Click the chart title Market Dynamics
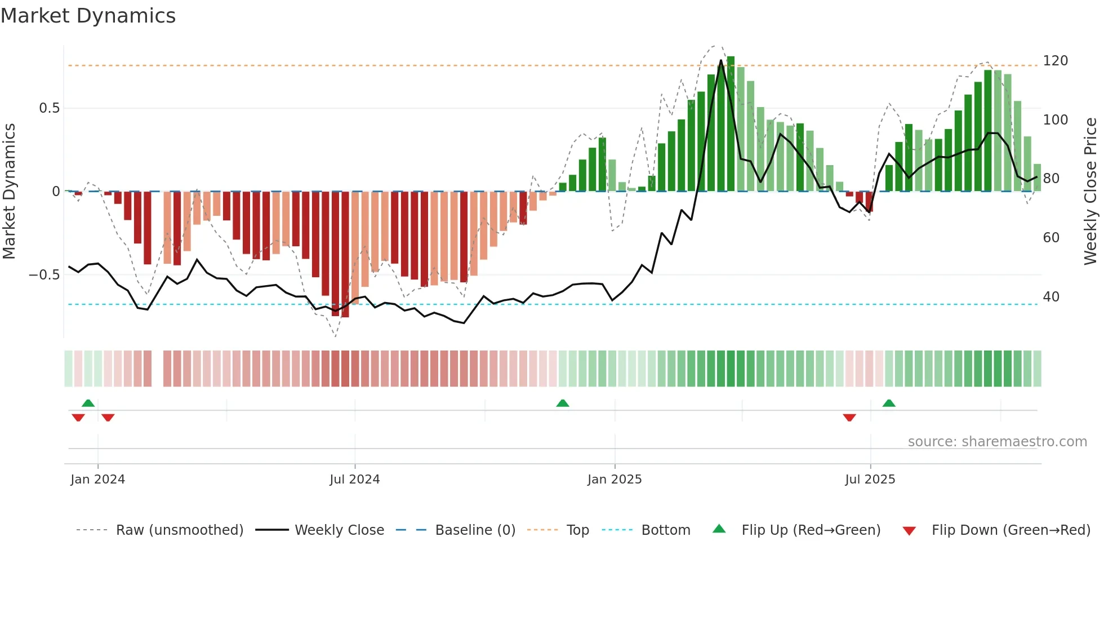(x=88, y=16)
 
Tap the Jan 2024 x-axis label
(x=97, y=480)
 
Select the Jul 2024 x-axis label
(x=354, y=480)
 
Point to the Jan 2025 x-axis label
(x=614, y=480)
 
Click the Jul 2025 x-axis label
(x=870, y=480)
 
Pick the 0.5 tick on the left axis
(x=49, y=108)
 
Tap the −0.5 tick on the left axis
(x=44, y=275)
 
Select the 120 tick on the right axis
(x=1055, y=61)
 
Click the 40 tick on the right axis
(x=1050, y=297)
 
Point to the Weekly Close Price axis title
(x=1090, y=192)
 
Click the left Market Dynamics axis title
(x=9, y=192)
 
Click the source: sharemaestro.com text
(x=997, y=442)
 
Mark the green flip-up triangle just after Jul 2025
(x=889, y=403)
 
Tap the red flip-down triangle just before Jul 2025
(x=849, y=418)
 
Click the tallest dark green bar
(x=731, y=124)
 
